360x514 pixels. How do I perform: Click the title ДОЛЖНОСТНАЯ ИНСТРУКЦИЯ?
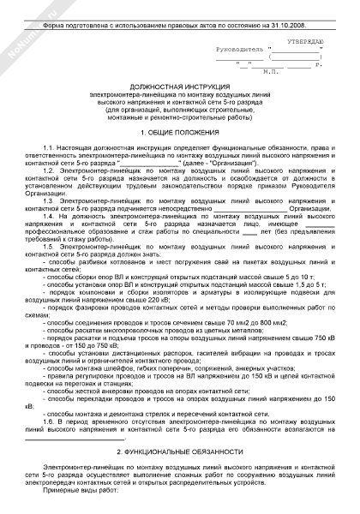(179, 88)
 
